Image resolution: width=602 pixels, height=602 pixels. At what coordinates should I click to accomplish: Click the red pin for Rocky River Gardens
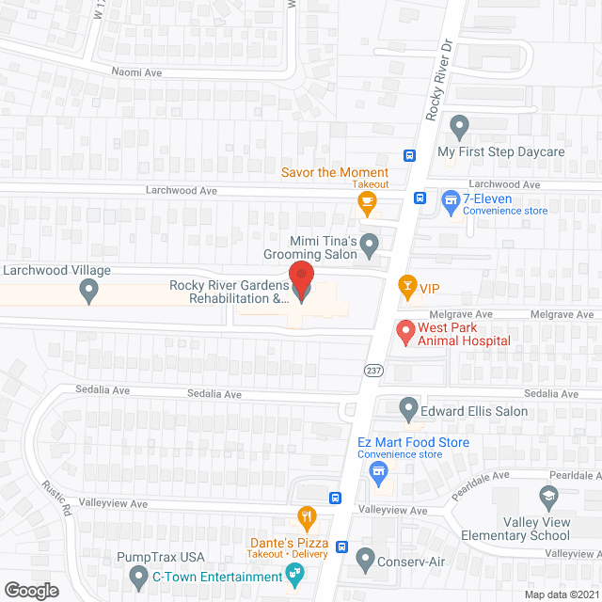pos(301,279)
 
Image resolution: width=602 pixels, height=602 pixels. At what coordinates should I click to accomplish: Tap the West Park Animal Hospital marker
pos(404,331)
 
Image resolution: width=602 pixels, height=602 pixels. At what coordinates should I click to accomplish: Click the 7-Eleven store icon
pos(451,199)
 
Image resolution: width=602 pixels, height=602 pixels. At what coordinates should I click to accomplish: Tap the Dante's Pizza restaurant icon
pos(306,516)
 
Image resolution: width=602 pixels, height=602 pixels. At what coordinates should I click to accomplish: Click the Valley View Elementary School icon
pos(547,495)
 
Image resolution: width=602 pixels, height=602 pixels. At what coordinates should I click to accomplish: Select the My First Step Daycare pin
pos(459,125)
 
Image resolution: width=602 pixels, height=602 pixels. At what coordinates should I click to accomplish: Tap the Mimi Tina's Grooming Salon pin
pos(370,246)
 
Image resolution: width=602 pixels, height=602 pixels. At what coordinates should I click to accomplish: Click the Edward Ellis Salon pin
pos(408,409)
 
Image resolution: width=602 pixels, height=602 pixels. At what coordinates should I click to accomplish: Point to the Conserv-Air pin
pos(366,562)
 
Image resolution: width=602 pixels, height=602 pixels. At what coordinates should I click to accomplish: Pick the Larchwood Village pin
pos(90,292)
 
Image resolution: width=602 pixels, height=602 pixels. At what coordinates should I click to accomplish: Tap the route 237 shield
pos(373,372)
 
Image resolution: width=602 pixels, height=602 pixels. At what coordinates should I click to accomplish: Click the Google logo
pos(31,590)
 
